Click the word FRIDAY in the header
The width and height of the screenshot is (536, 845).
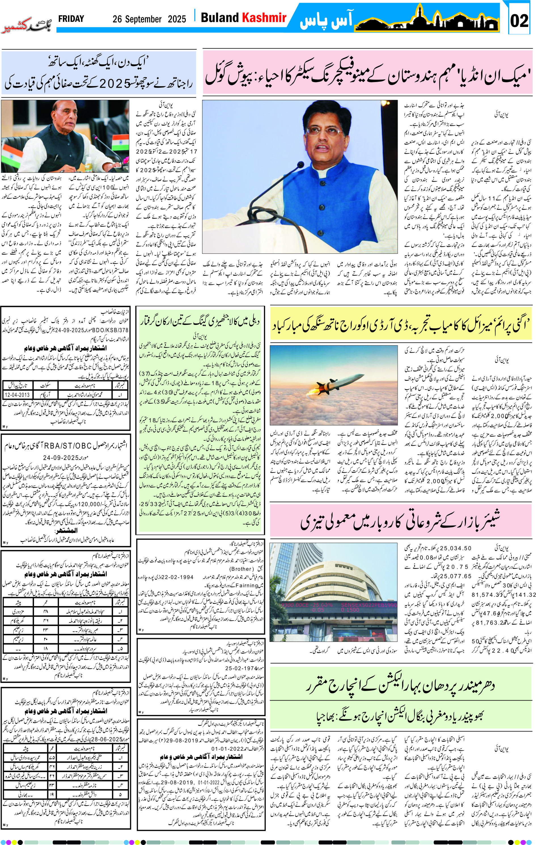point(71,19)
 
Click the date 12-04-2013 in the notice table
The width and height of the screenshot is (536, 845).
point(17,395)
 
